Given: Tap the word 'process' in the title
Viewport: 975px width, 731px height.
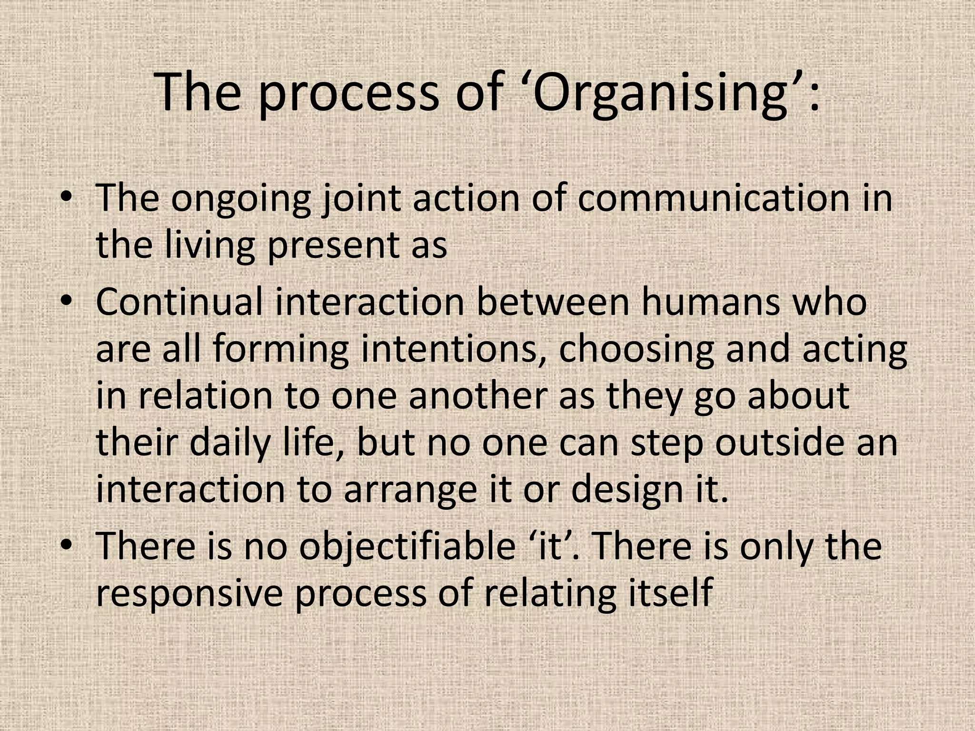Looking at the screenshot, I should point(348,93).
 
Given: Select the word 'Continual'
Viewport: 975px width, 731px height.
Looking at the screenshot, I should point(179,302).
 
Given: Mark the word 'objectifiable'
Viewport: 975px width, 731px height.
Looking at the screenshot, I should point(407,546).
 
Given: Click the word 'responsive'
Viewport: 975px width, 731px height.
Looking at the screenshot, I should point(189,593).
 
